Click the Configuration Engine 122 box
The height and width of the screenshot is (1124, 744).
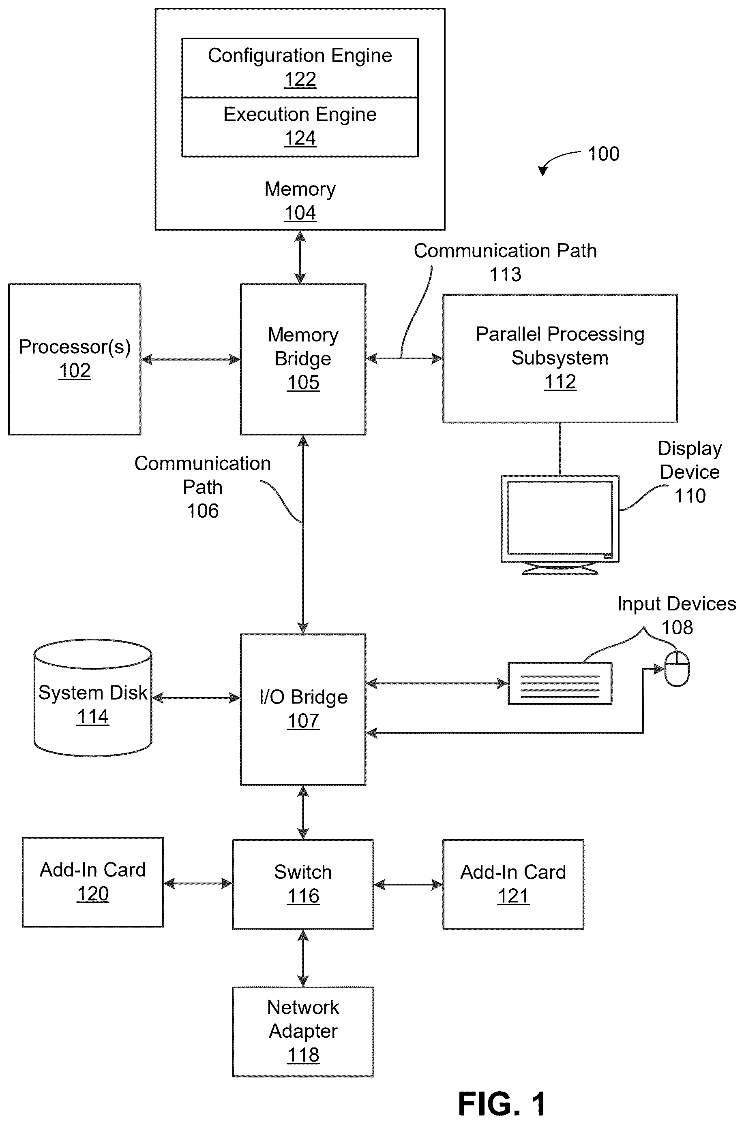point(300,68)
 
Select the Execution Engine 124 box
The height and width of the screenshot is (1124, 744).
point(300,127)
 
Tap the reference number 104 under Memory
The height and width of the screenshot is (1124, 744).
point(300,213)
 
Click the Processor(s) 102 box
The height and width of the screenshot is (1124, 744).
point(75,359)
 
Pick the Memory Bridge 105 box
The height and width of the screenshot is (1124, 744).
point(303,359)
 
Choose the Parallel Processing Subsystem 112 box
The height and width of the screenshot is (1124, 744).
point(560,358)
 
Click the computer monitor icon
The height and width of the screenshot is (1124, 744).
point(560,525)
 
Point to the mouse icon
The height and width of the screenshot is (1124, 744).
point(677,669)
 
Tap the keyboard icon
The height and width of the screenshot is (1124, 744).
point(560,683)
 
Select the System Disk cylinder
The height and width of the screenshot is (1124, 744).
point(93,698)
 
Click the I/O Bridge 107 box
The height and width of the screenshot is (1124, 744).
point(303,709)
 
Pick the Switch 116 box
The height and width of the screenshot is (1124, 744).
point(303,885)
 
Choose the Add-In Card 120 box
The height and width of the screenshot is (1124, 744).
point(93,882)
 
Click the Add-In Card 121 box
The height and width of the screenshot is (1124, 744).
point(513,885)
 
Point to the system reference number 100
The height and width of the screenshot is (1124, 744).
point(604,154)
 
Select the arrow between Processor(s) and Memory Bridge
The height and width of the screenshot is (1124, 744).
point(191,359)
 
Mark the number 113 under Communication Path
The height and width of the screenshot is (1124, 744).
point(505,275)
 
